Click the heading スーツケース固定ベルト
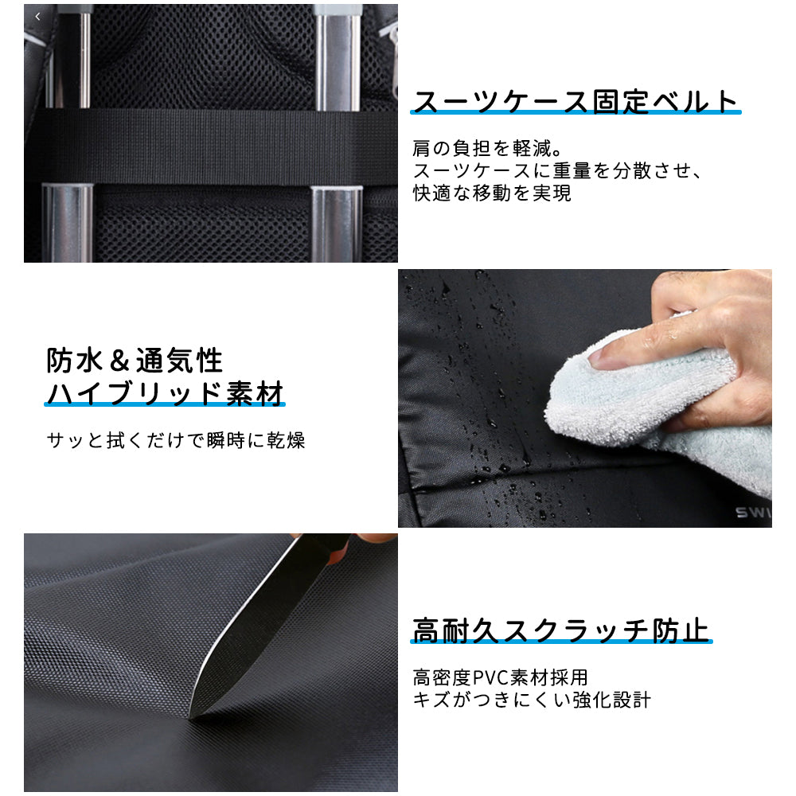[x=576, y=102]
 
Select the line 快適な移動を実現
[x=492, y=193]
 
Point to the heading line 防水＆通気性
[x=135, y=361]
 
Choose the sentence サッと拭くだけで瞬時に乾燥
[x=176, y=439]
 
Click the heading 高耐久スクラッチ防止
[x=560, y=630]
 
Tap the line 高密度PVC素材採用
[x=500, y=677]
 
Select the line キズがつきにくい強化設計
[x=532, y=700]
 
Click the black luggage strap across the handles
[x=211, y=147]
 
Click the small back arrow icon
[x=37, y=16]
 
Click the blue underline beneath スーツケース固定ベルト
[x=576, y=113]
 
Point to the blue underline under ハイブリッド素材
[x=165, y=405]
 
